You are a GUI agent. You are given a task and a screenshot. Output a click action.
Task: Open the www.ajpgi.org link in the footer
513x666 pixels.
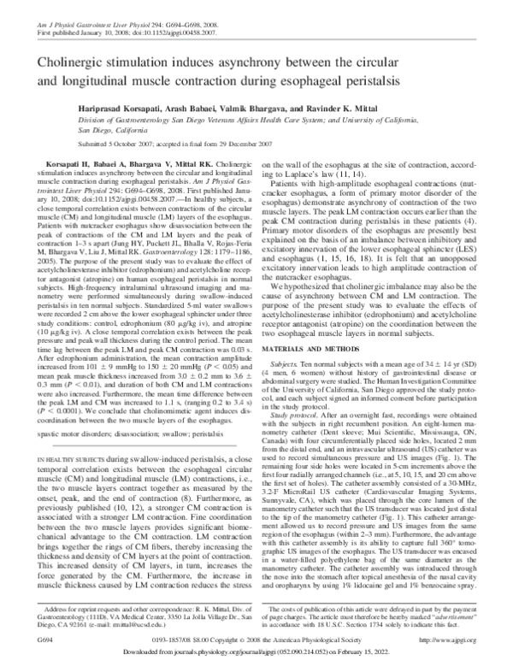click(456, 636)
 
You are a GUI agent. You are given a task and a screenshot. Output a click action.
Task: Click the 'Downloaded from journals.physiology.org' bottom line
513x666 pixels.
click(256, 654)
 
